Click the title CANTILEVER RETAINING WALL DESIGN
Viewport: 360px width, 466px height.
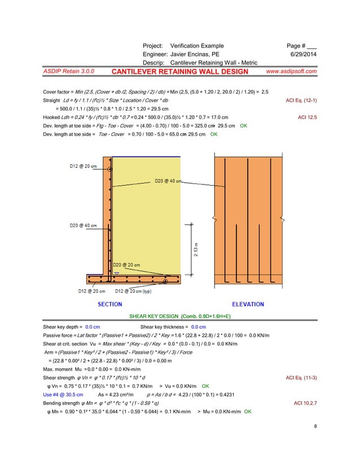(x=179, y=72)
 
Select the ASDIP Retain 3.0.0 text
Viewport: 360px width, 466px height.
(x=69, y=72)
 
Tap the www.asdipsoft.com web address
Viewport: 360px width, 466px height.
(x=291, y=72)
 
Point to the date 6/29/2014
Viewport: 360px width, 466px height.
(x=303, y=54)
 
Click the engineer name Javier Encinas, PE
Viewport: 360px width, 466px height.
(x=195, y=54)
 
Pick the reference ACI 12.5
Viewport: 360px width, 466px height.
(x=306, y=117)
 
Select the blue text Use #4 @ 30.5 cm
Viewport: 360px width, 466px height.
(x=63, y=394)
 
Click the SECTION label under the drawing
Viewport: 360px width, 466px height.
(x=110, y=304)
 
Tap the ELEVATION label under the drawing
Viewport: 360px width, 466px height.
(x=248, y=304)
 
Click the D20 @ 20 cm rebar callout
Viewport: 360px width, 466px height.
(x=127, y=264)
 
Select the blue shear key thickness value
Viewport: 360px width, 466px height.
(x=199, y=327)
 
